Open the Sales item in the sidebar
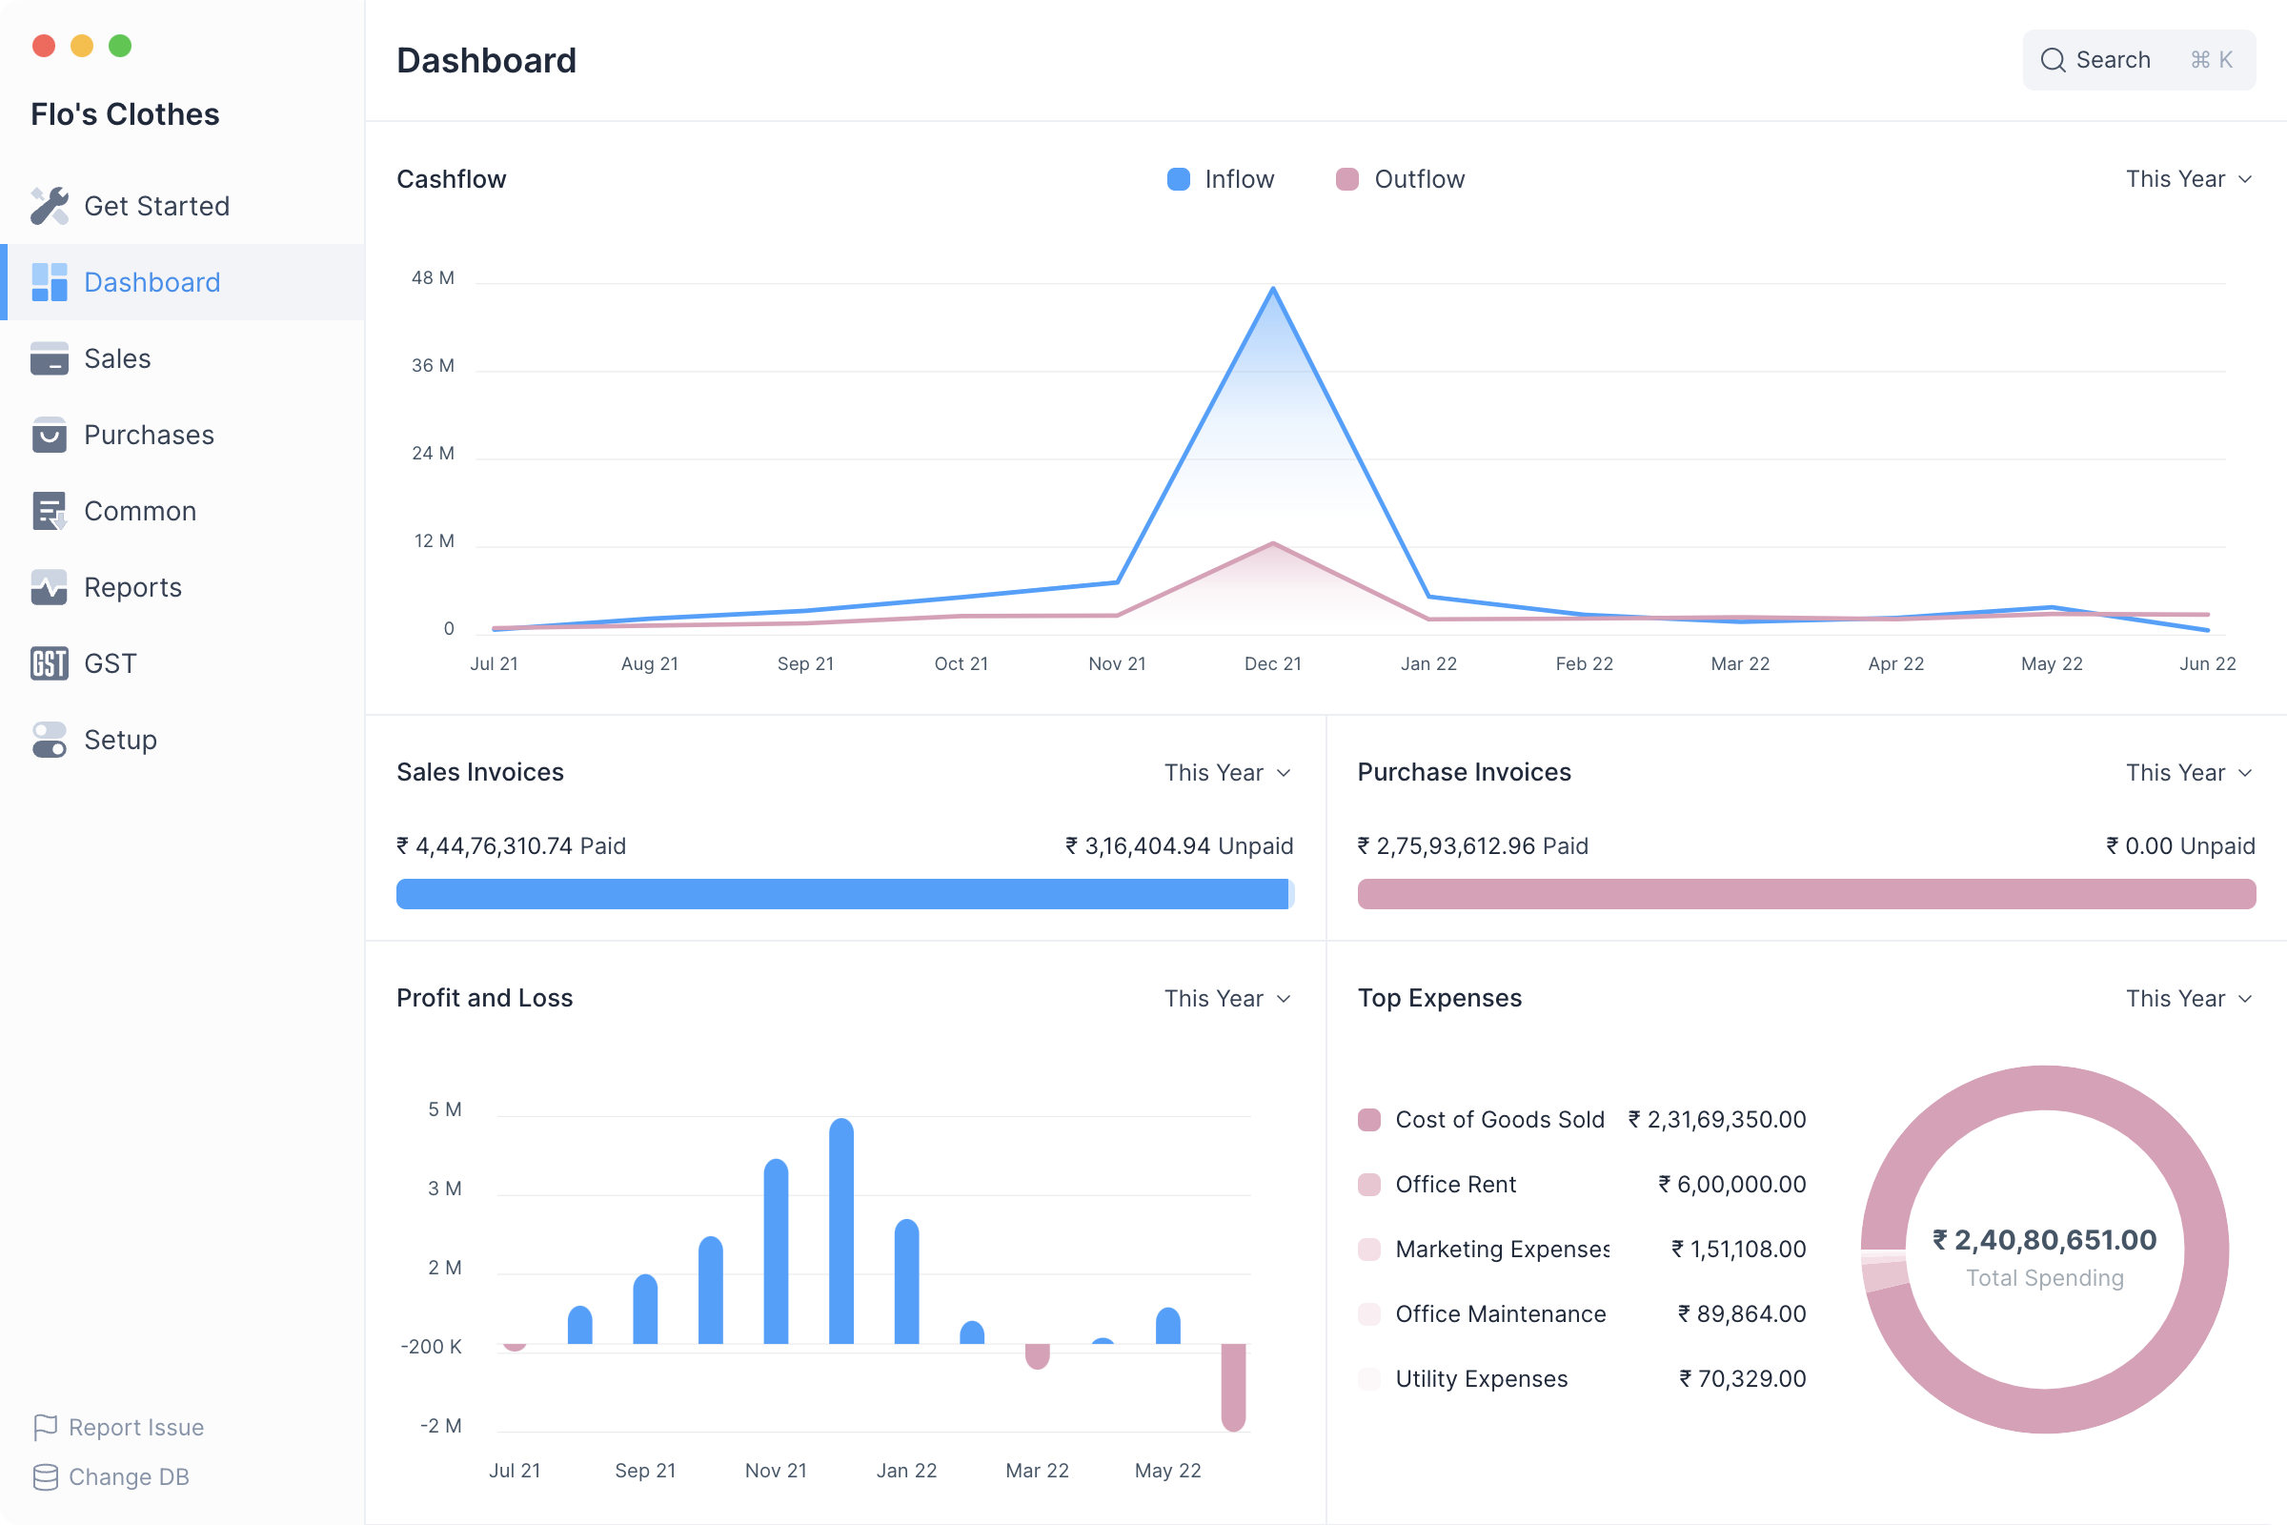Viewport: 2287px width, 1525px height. [x=116, y=359]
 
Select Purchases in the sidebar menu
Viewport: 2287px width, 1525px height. [x=148, y=435]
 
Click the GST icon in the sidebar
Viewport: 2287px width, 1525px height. [x=49, y=663]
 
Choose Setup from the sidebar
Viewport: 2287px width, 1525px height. [x=120, y=741]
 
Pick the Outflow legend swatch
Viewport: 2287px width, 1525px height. [x=1346, y=179]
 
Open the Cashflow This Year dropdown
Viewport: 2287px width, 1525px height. [x=2188, y=179]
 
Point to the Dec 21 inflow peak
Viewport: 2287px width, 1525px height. [x=1273, y=289]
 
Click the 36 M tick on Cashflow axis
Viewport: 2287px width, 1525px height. [x=433, y=366]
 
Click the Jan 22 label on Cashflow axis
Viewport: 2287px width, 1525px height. [x=1428, y=663]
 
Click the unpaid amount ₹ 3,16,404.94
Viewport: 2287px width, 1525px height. [x=1179, y=846]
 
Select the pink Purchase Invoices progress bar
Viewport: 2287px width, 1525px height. [x=1806, y=894]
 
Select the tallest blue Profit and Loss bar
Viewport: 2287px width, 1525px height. [x=841, y=1231]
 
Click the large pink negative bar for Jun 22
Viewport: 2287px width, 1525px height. [x=1233, y=1387]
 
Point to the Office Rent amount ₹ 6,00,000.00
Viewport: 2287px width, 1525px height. [x=1731, y=1185]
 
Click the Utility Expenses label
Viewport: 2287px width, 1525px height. [x=1481, y=1379]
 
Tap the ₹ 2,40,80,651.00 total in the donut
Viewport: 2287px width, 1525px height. [x=2044, y=1240]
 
